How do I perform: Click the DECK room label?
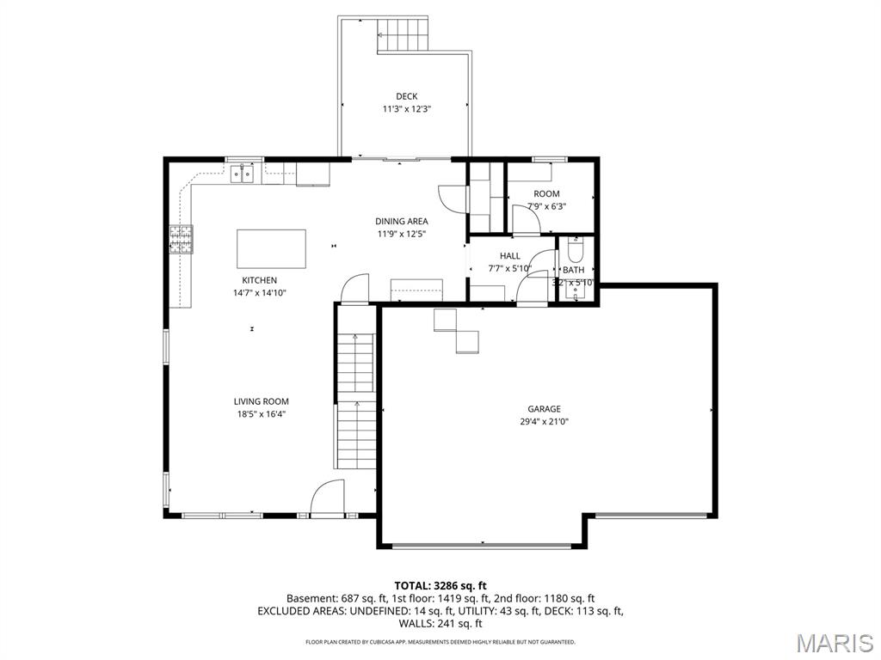coord(406,96)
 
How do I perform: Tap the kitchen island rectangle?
coord(271,248)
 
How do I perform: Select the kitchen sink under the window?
coord(243,175)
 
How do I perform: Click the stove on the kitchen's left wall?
coord(181,240)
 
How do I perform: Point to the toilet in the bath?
coord(576,250)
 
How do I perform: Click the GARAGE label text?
coord(544,409)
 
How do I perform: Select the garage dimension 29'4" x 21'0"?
coord(544,422)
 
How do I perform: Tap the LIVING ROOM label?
coord(261,401)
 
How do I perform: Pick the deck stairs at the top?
coord(403,36)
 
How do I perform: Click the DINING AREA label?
coord(401,221)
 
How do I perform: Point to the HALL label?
coord(510,256)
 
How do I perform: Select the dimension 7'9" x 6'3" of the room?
coord(546,206)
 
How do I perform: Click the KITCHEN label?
coord(259,280)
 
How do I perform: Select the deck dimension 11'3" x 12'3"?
coord(406,109)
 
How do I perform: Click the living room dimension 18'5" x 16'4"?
coord(261,413)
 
